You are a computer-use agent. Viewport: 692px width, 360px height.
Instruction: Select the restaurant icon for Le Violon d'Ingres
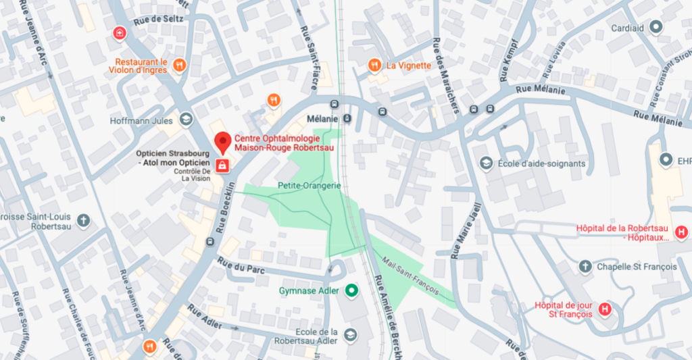click(x=179, y=66)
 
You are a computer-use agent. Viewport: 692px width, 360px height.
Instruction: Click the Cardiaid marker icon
click(x=655, y=27)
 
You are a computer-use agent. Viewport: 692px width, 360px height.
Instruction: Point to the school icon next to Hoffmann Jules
click(x=184, y=121)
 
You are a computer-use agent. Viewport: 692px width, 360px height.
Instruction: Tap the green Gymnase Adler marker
click(x=351, y=291)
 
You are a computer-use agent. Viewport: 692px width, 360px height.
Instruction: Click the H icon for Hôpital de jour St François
click(x=605, y=309)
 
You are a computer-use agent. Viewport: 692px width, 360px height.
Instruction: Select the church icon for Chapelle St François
click(x=585, y=267)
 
